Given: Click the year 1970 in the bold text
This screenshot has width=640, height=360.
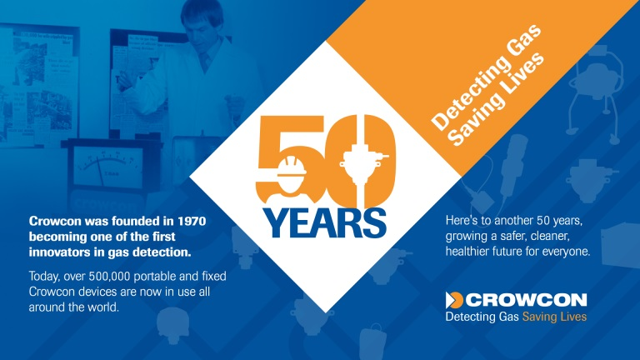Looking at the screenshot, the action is point(192,221).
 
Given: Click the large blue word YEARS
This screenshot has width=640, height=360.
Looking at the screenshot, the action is point(324,223).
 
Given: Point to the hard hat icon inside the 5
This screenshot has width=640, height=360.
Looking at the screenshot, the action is point(292,167).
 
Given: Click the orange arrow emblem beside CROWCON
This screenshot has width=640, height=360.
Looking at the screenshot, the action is point(454,300).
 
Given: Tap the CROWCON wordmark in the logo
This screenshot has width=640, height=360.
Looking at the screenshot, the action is point(526,300).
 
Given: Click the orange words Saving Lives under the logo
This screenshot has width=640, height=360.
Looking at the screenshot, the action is point(554,317).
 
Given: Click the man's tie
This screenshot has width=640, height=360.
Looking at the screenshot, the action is point(205,61).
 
